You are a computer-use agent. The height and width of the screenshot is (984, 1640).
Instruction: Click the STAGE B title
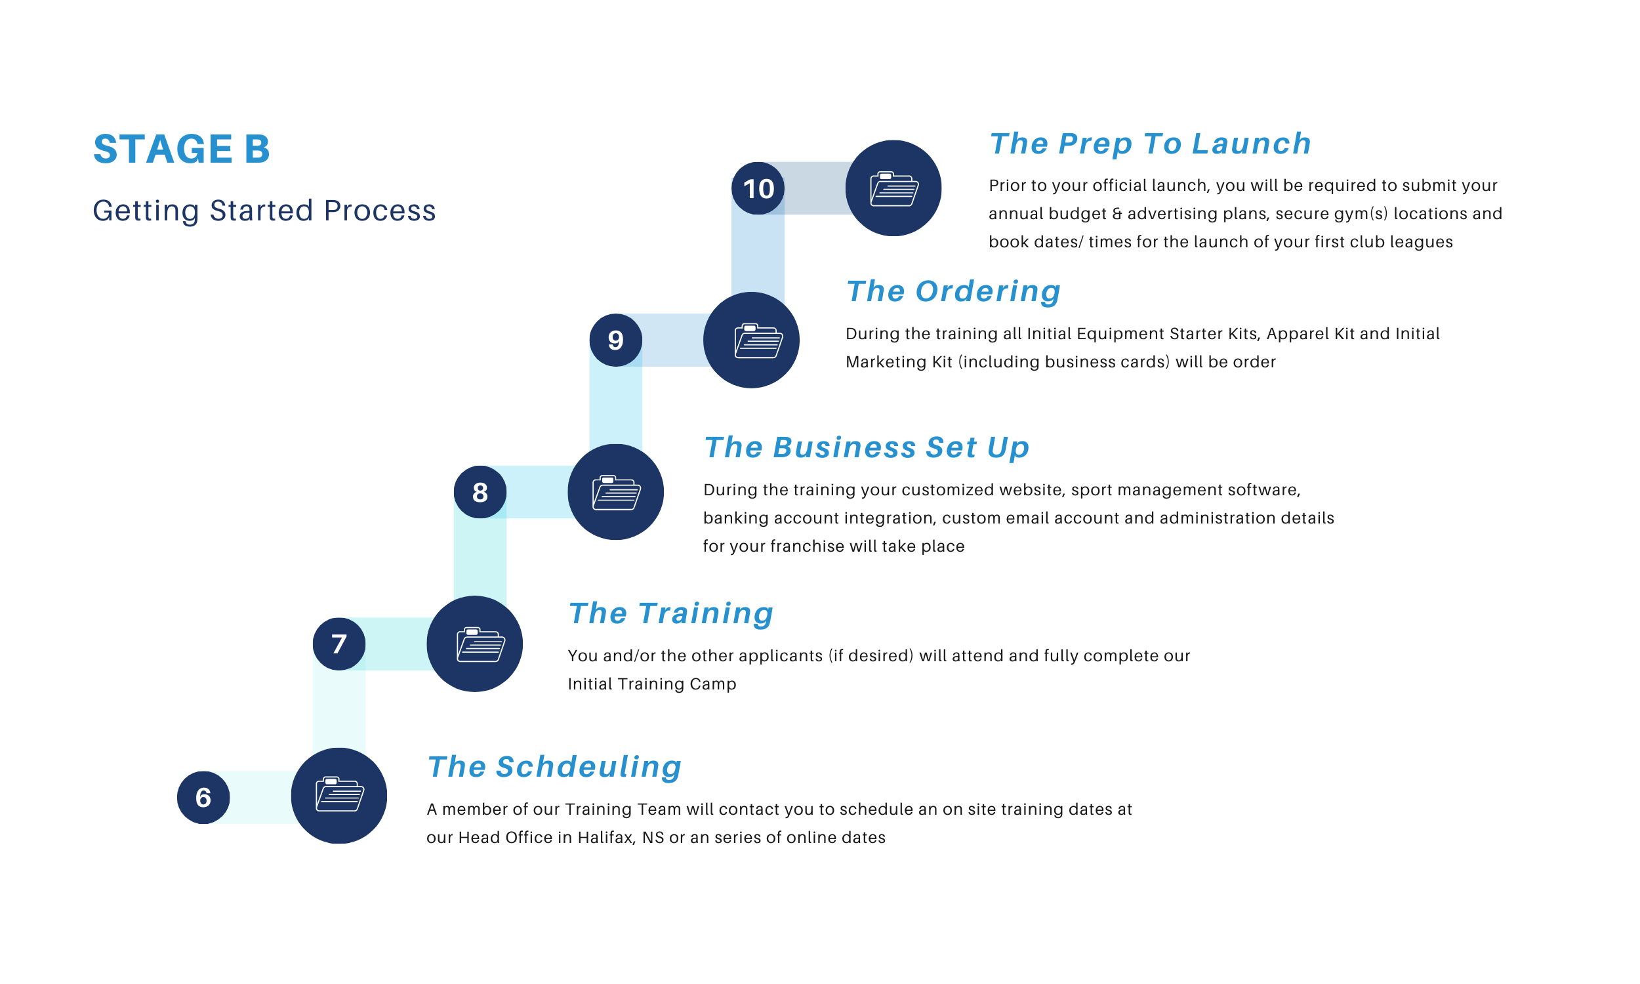182,148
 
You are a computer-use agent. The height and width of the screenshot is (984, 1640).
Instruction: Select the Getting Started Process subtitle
264,211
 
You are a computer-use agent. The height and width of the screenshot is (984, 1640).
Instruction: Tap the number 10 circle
758,189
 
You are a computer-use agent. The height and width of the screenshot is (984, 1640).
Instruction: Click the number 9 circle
616,340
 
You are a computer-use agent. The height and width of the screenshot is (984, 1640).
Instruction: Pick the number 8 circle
480,492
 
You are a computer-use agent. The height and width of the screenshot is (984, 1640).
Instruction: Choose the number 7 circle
338,644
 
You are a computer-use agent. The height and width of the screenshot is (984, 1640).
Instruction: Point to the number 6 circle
203,797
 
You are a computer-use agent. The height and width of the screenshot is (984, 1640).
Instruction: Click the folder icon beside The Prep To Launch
893,188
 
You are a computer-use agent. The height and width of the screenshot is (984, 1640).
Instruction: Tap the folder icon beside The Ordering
751,340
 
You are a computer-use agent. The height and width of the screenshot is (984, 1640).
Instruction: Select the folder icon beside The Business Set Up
616,492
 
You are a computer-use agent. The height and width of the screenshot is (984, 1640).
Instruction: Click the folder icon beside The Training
475,644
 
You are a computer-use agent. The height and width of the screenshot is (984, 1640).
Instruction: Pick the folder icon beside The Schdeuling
338,796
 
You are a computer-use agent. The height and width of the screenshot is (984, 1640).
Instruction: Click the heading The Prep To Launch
1150,144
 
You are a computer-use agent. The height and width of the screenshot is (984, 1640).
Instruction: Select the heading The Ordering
953,291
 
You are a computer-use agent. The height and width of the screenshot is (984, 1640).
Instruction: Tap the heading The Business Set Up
867,447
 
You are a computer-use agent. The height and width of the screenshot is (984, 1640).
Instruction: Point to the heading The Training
671,613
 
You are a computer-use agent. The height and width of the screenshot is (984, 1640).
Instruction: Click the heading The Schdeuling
554,766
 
